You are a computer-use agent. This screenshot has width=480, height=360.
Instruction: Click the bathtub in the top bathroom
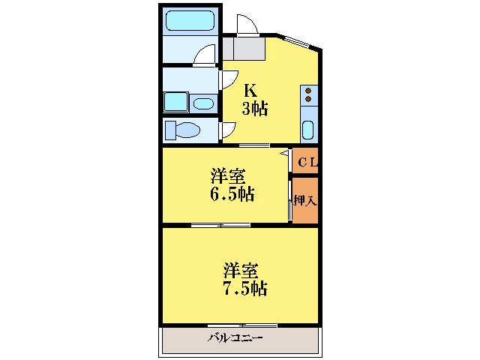[190, 20]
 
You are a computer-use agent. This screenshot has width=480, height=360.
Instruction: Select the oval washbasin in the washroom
[202, 103]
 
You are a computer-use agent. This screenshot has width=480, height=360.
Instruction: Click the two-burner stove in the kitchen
[308, 95]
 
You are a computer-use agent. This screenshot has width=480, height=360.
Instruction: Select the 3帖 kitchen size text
[254, 109]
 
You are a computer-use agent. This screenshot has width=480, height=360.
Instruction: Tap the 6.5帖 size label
[231, 195]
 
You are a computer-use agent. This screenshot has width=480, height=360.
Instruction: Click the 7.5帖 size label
[244, 287]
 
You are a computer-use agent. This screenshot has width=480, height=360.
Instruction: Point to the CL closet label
[307, 162]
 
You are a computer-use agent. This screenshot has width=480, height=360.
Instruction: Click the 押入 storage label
[304, 200]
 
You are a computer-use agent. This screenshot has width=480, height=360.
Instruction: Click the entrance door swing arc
[248, 24]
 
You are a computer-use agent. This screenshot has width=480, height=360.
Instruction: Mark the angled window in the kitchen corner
[301, 42]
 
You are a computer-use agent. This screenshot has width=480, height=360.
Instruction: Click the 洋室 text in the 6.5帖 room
[228, 177]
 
